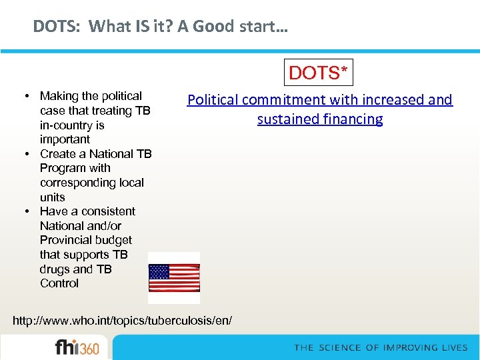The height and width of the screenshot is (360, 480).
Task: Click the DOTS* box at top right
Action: pyautogui.click(x=319, y=73)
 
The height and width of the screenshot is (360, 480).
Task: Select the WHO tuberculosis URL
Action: pyautogui.click(x=123, y=321)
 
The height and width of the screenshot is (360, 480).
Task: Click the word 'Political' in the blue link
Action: pyautogui.click(x=213, y=100)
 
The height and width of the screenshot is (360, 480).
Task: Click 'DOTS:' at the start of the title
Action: pyautogui.click(x=57, y=27)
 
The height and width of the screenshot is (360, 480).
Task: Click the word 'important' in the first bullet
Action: pyautogui.click(x=65, y=139)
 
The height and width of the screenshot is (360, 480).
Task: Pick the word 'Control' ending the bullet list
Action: pyautogui.click(x=59, y=283)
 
